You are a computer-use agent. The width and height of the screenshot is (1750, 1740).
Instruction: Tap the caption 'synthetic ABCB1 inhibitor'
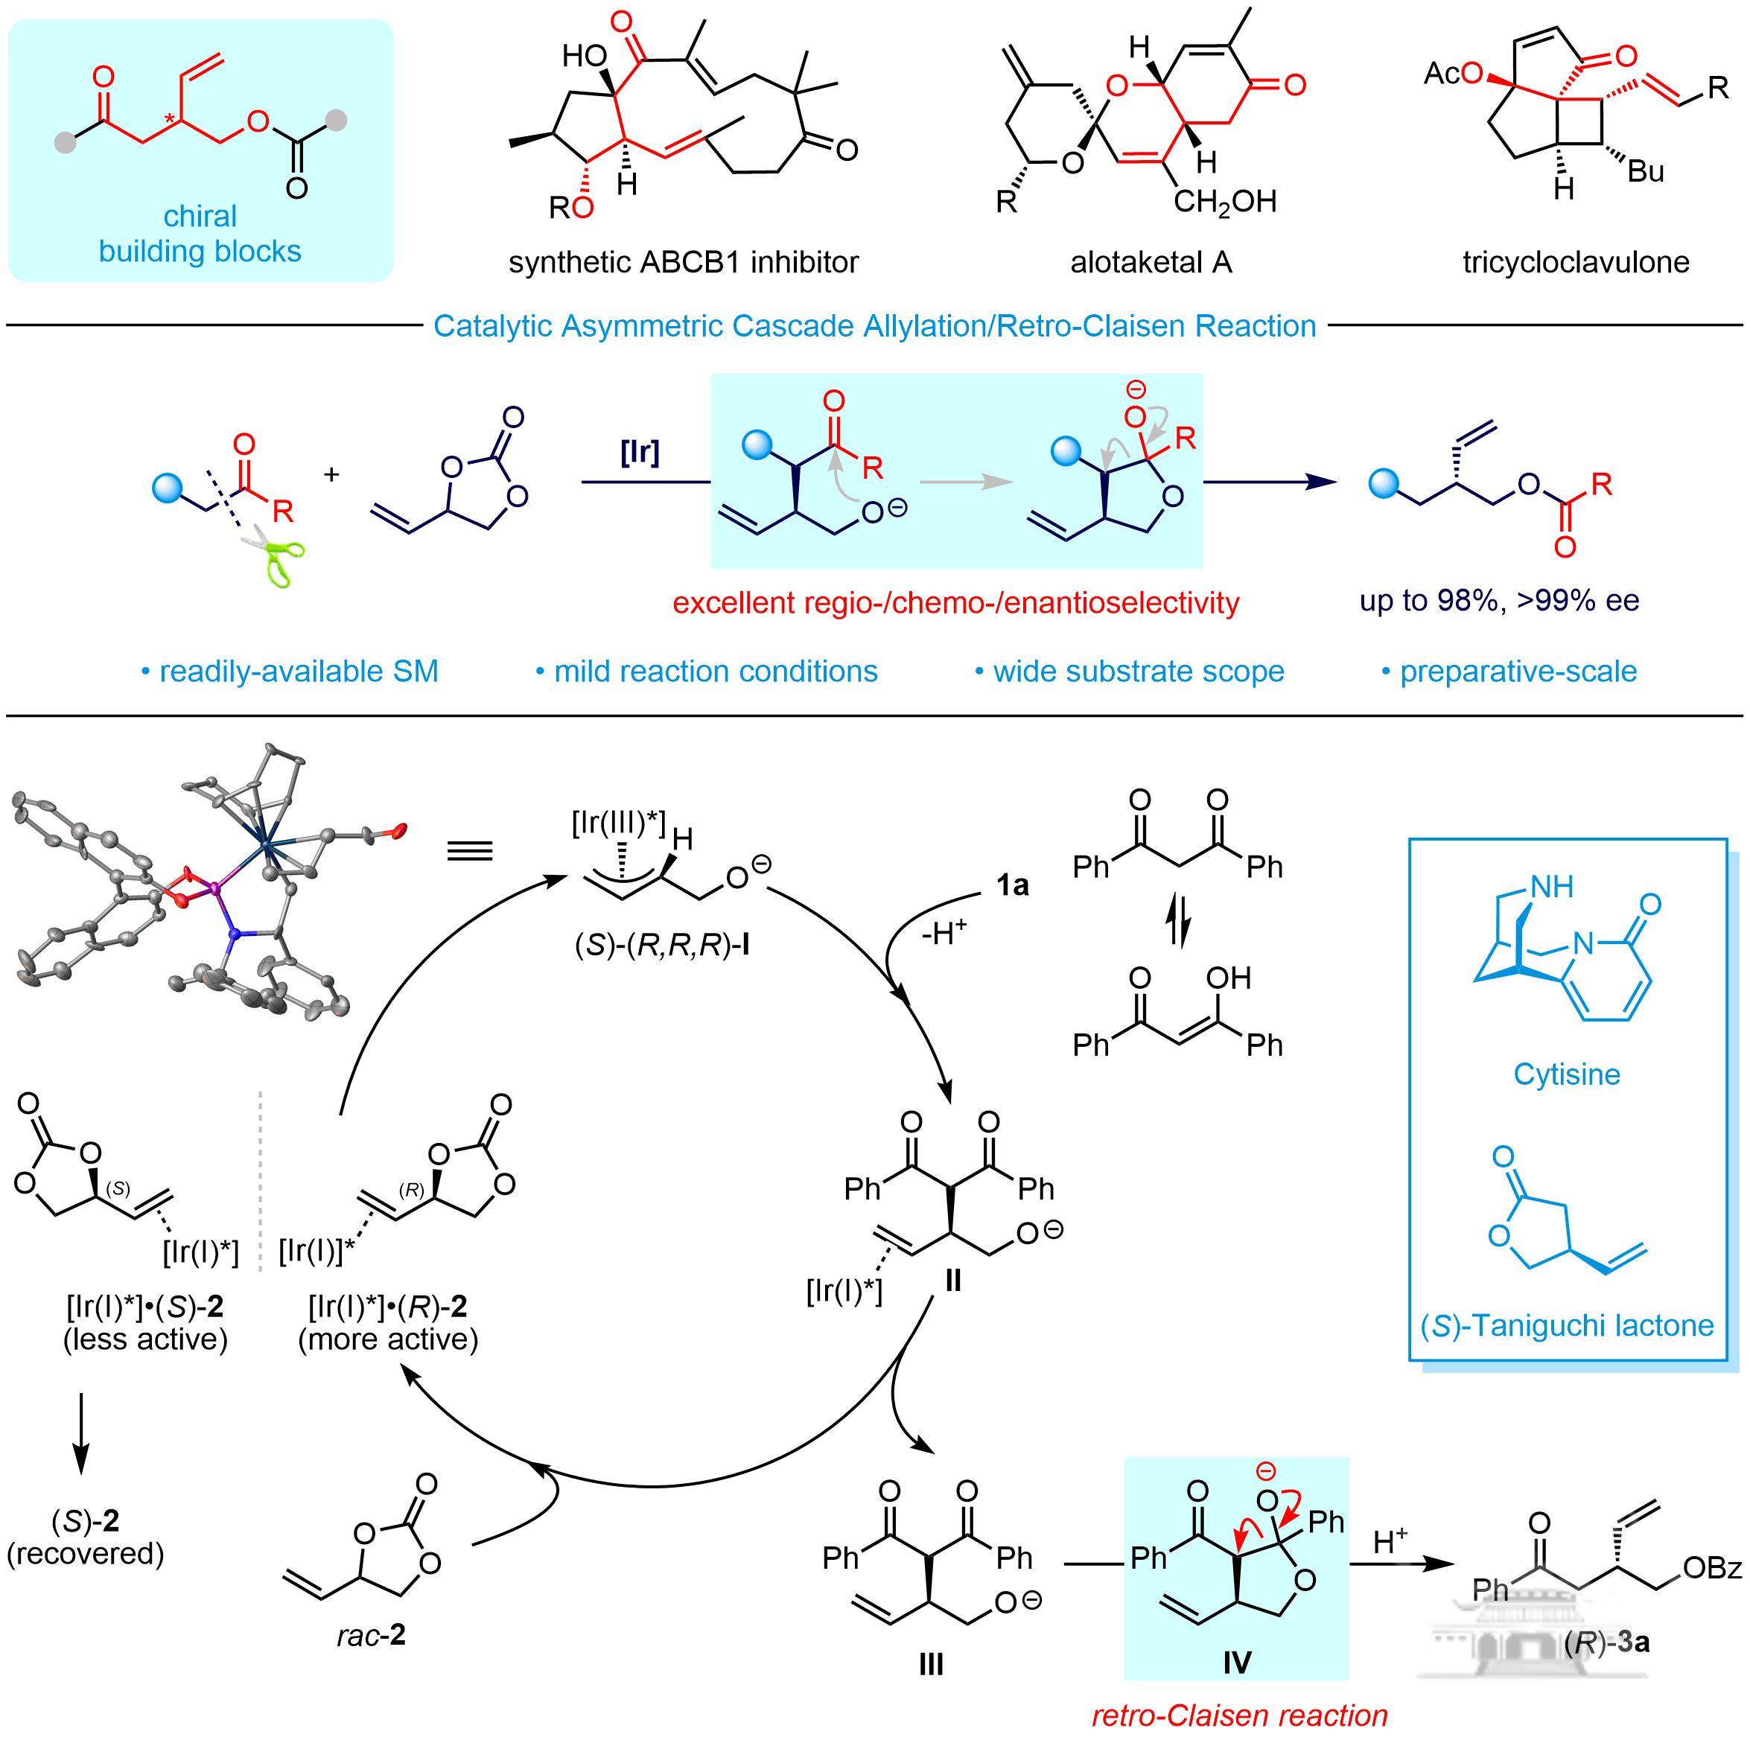683,263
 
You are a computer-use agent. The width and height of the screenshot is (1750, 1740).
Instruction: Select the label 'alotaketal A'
1151,263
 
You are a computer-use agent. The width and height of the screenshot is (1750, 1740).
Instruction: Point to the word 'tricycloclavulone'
1575,263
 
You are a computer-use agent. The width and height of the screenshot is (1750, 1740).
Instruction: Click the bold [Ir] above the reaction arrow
640,452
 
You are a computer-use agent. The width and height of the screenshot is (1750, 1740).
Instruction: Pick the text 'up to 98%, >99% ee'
1499,601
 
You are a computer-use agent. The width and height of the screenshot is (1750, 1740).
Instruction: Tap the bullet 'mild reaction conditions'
707,671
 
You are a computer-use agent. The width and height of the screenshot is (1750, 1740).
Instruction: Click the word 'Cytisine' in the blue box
1566,1074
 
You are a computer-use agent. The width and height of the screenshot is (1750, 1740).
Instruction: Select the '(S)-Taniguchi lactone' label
1566,1326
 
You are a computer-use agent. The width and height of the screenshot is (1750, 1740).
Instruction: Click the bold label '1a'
1012,885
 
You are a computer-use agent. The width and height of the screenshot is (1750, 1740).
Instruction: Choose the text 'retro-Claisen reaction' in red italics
1239,1715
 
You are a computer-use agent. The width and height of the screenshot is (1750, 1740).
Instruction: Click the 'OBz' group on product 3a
1711,1567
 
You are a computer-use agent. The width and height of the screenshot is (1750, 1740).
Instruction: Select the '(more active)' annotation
388,1339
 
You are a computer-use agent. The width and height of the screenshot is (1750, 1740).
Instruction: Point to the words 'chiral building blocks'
200,234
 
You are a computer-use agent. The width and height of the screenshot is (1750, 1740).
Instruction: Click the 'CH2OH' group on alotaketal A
1225,201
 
